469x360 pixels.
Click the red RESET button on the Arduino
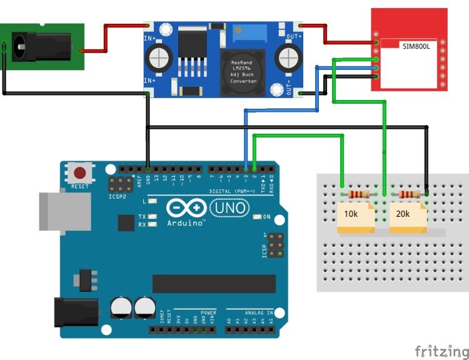point(80,174)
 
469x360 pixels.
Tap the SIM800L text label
point(417,45)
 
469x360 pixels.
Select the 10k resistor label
point(351,214)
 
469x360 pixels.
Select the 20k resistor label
point(403,214)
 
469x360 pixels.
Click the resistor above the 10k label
point(358,195)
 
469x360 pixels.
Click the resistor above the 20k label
point(408,195)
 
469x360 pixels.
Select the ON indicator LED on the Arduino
point(258,217)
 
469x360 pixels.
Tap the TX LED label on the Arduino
point(142,216)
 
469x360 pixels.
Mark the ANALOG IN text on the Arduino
point(258,312)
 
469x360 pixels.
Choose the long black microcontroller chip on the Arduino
point(213,283)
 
